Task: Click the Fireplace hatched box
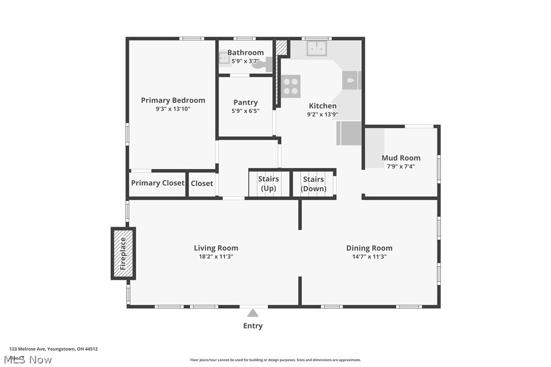point(123,253)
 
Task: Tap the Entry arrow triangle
point(253,313)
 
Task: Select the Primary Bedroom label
point(173,100)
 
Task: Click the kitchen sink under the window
point(317,49)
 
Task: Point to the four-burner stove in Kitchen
point(291,86)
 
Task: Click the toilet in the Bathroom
point(263,64)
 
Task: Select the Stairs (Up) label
point(268,183)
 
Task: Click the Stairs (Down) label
point(314,183)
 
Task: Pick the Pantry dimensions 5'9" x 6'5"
point(246,111)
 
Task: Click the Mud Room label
point(401,158)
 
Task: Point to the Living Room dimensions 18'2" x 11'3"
point(216,256)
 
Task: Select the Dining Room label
point(369,248)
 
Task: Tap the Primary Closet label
point(157,183)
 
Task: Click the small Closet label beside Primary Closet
point(202,183)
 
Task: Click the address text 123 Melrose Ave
point(53,349)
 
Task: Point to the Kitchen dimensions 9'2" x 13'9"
point(323,115)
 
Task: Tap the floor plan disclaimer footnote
point(275,360)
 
